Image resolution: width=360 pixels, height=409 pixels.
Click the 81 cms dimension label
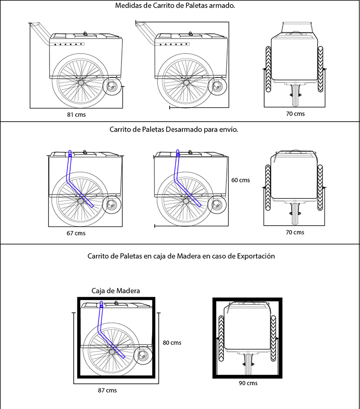pos(76,114)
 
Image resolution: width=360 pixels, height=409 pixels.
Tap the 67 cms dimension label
pos(75,233)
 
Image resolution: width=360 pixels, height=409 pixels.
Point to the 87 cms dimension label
pos(107,390)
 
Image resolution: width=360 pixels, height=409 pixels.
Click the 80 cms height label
pos(171,342)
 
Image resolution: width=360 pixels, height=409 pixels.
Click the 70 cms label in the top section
pos(295,114)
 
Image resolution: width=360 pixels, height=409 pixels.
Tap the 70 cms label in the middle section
pos(295,232)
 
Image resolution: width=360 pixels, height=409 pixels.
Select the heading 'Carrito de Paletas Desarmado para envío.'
pos(173,129)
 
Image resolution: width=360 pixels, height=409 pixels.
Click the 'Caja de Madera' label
pos(115,291)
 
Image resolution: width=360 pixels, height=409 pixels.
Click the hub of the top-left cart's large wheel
pos(81,82)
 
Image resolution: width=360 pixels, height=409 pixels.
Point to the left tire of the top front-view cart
pos(268,70)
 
